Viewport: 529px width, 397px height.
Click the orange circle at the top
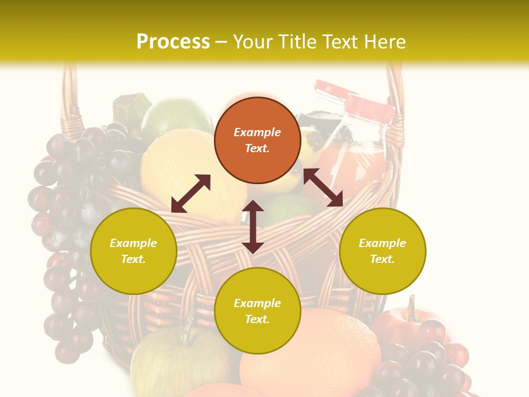pos(257,140)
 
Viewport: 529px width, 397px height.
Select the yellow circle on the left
pos(133,251)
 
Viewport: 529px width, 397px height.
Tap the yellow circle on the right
pos(382,251)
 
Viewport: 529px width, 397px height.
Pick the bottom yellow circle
pos(257,311)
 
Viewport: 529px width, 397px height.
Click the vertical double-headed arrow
pos(253,227)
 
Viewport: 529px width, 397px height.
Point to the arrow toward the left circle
pos(191,194)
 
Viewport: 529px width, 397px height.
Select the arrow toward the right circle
pos(323,187)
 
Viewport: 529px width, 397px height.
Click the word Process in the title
pos(173,42)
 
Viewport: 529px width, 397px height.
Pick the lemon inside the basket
pos(176,165)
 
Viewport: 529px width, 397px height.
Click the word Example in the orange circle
pos(257,132)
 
